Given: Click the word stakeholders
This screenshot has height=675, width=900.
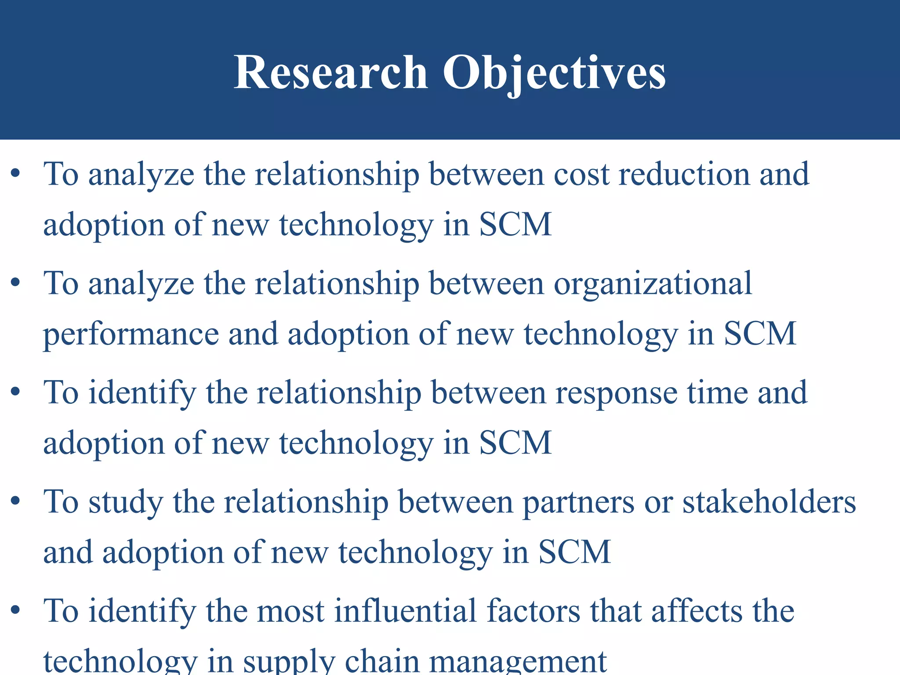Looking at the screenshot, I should [x=769, y=501].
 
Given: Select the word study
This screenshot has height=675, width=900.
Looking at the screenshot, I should [x=126, y=502].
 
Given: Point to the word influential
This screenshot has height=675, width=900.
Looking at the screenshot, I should [x=405, y=611].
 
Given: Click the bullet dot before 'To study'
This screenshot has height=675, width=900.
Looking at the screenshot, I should [x=16, y=501].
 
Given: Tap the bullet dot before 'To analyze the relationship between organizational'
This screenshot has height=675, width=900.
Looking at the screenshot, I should [x=16, y=283].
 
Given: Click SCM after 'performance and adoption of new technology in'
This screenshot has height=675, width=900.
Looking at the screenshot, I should [x=760, y=334].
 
